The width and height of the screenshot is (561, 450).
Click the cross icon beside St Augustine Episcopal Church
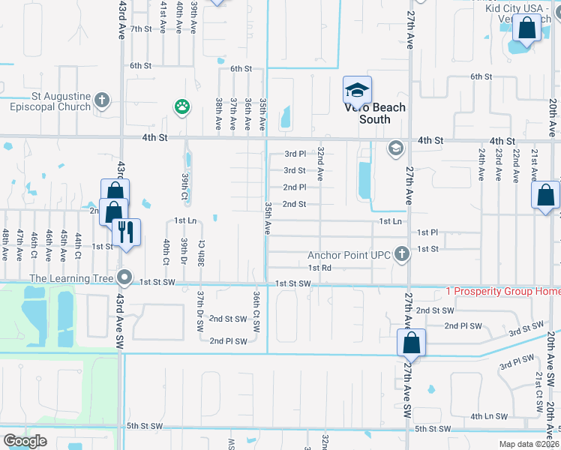click(x=103, y=99)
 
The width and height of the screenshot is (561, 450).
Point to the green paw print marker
click(x=182, y=106)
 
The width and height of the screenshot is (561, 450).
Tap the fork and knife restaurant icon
click(x=126, y=232)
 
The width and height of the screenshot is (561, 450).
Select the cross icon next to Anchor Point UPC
click(x=402, y=253)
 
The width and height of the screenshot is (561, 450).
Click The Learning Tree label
click(x=71, y=278)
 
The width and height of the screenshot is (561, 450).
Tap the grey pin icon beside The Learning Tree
click(x=126, y=278)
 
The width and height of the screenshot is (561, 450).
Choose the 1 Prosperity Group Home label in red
click(x=502, y=291)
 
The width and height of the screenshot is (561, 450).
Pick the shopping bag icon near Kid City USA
click(x=526, y=29)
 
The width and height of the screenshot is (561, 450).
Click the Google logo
click(x=25, y=441)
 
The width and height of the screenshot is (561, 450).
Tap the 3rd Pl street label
click(x=295, y=154)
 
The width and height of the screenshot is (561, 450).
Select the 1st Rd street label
click(x=319, y=268)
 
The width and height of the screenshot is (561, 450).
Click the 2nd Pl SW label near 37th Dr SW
click(x=228, y=341)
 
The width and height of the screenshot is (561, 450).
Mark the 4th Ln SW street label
click(x=488, y=415)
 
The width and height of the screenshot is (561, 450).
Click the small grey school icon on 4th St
click(x=394, y=148)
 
